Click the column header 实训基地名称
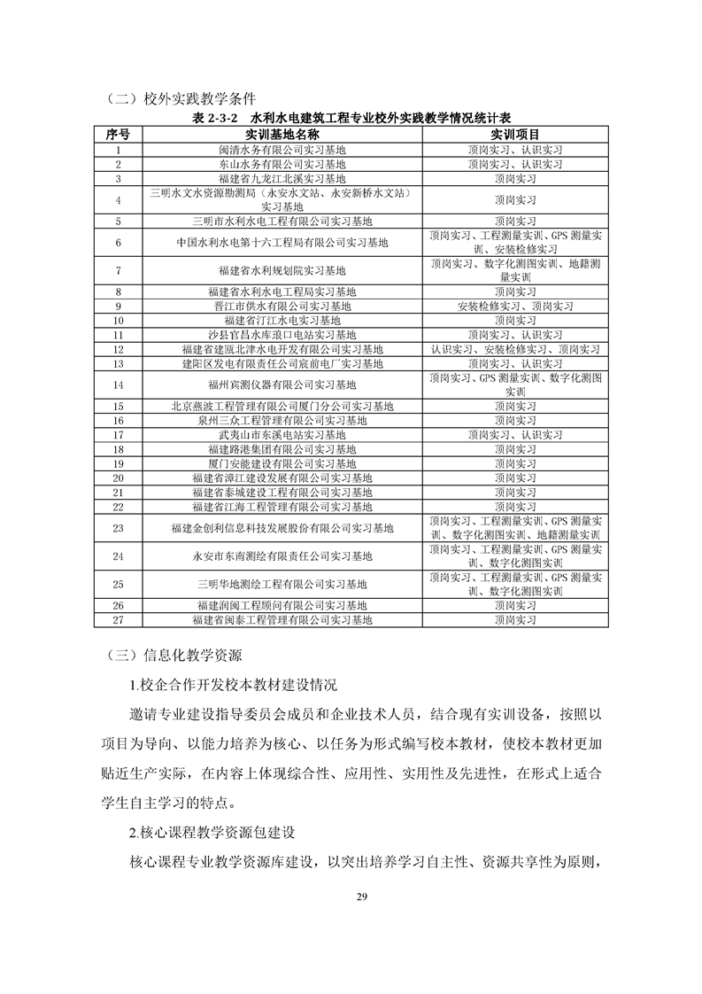(282, 135)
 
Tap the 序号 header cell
(118, 135)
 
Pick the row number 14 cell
(118, 384)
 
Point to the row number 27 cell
(118, 620)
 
